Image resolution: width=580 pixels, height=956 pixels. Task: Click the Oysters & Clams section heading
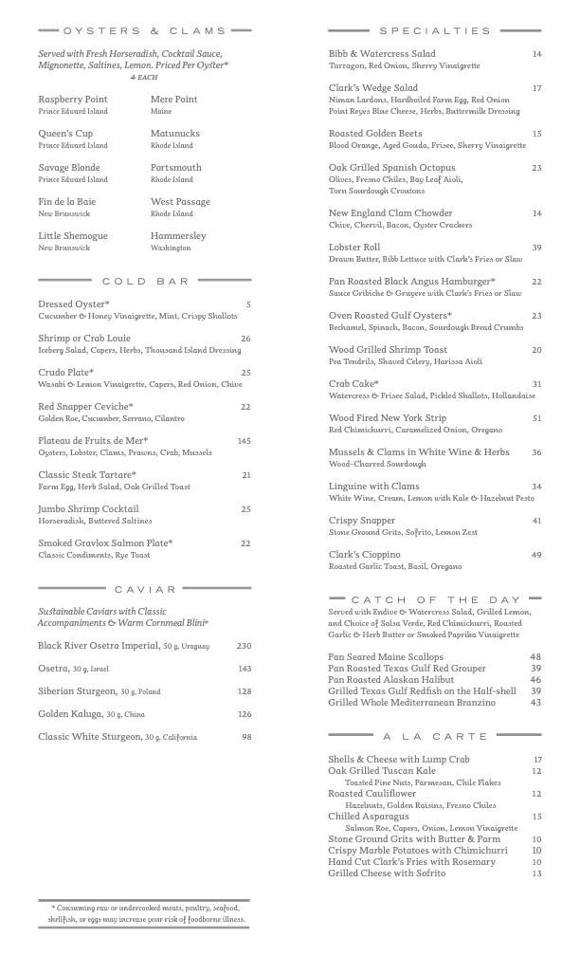[x=145, y=30]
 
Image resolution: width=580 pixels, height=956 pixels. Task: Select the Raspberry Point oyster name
[x=73, y=100]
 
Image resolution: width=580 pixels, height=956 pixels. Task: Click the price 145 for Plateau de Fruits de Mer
[x=244, y=441]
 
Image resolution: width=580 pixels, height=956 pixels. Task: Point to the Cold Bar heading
[x=145, y=281]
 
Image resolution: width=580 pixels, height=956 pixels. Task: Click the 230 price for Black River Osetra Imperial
[x=244, y=646]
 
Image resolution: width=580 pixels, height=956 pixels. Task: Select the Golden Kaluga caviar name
[x=69, y=714]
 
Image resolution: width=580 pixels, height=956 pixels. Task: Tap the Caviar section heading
[x=145, y=589]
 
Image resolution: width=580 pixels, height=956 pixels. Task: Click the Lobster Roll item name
[x=354, y=248]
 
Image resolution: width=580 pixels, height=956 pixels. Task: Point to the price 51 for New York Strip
[x=536, y=418]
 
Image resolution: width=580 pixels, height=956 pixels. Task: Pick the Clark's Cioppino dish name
[x=365, y=555]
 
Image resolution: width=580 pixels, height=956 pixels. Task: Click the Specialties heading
[x=436, y=30]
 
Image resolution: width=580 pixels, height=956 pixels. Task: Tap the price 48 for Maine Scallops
[x=535, y=657]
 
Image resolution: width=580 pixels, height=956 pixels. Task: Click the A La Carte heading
[x=436, y=736]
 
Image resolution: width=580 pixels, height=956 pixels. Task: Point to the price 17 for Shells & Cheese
[x=537, y=760]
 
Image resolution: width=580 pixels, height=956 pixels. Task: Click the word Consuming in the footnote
[x=81, y=908]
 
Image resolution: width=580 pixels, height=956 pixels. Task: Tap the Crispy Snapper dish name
[x=362, y=521]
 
